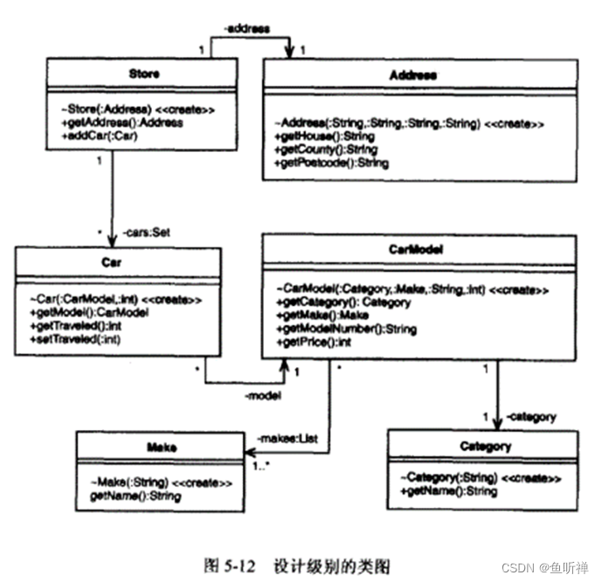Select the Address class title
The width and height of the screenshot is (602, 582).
412,75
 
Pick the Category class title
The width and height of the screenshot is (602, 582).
485,446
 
